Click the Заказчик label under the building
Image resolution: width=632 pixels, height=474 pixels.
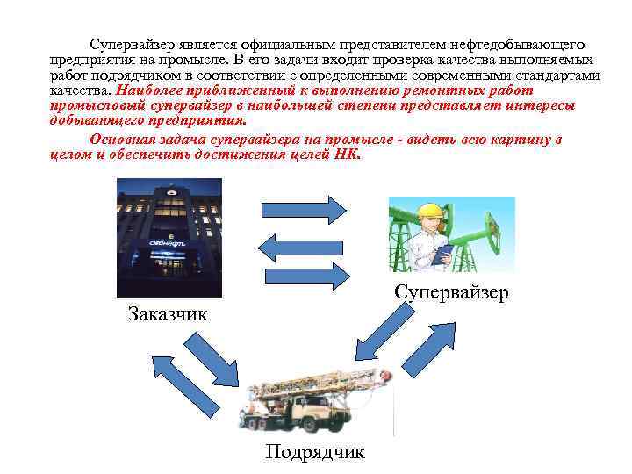168,313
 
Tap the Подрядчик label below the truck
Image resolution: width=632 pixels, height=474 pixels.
315,452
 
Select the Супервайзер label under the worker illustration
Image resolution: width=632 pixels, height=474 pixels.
450,292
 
